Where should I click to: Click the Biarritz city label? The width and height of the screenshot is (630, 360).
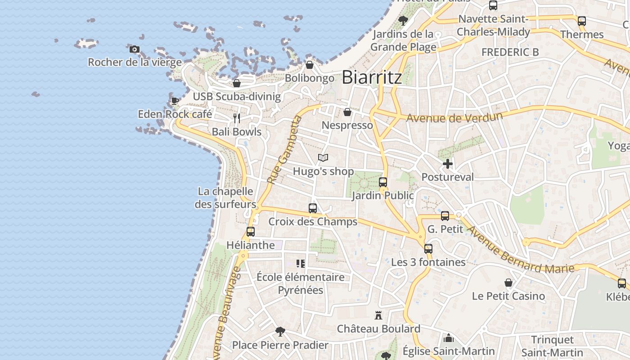[372, 77]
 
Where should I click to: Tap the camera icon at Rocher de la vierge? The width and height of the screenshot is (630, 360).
[134, 49]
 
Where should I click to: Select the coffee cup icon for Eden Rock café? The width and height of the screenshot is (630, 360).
[175, 101]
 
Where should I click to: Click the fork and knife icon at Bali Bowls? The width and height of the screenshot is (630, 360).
[237, 118]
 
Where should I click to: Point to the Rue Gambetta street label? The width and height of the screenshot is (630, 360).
[283, 149]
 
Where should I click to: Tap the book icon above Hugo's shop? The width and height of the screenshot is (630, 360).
[323, 157]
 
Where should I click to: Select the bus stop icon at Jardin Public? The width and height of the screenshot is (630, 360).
[383, 182]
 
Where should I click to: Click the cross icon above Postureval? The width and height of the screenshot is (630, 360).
[447, 164]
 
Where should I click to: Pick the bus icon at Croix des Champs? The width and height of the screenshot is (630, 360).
[313, 208]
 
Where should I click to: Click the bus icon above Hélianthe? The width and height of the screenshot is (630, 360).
[251, 232]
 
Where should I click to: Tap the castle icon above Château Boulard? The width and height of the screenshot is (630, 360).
[378, 315]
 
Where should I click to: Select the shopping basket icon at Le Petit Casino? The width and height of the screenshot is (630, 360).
[508, 283]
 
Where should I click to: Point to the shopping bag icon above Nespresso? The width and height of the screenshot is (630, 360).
[347, 112]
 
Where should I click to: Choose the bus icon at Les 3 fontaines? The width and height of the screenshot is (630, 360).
[428, 249]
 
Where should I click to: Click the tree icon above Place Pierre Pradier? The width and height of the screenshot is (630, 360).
[280, 332]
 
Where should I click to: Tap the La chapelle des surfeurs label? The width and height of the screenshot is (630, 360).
[225, 198]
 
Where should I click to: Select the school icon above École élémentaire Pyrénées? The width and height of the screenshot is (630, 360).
[301, 264]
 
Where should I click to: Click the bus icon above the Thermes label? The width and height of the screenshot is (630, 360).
[582, 21]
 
